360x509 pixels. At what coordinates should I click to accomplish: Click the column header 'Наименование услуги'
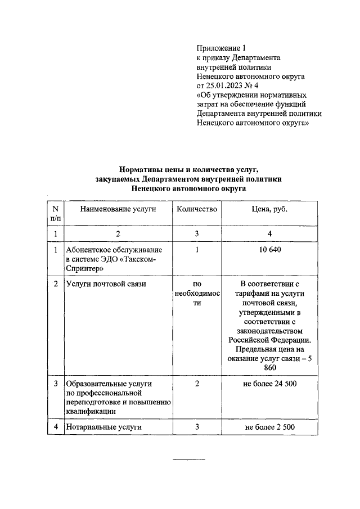click(x=118, y=209)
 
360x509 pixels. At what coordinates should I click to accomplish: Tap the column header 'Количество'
click(x=196, y=209)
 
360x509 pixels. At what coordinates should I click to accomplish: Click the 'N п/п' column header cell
click(x=56, y=214)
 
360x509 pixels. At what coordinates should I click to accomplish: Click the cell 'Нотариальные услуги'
click(x=103, y=427)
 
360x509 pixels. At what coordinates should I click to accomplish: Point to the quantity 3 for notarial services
click(x=197, y=427)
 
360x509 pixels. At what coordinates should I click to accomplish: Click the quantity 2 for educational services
click(x=197, y=384)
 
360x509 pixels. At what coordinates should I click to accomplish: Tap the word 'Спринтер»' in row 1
click(x=84, y=268)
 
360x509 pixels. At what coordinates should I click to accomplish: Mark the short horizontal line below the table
click(x=188, y=460)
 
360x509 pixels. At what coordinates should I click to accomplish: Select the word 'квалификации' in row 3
click(x=91, y=412)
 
